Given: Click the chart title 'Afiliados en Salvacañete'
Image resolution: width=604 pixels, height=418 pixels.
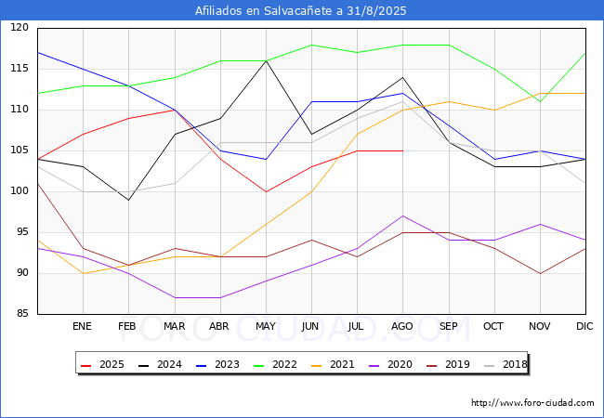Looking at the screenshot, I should click(301, 11).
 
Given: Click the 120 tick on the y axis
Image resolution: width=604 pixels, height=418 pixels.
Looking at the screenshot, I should click(20, 28).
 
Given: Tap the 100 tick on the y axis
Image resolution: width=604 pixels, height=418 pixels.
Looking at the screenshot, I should click(20, 191).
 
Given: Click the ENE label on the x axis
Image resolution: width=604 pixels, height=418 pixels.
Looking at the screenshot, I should click(83, 327).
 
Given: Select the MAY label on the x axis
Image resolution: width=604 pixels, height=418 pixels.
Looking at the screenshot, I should click(266, 327).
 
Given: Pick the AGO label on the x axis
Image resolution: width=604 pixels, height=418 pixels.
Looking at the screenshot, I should click(402, 327).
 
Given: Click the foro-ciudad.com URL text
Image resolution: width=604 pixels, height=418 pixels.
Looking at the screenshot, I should click(532, 403).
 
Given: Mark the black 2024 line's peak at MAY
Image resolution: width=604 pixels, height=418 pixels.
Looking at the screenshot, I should click(266, 61).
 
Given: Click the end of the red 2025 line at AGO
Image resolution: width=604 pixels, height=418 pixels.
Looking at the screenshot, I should click(402, 150).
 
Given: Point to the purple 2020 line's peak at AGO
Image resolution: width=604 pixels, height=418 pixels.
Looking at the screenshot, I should click(402, 216).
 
